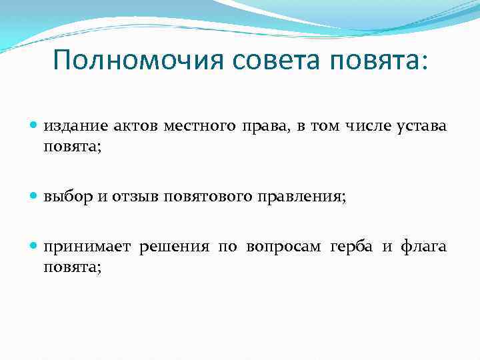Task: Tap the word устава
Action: [x=423, y=127]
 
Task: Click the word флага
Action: [x=423, y=248]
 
